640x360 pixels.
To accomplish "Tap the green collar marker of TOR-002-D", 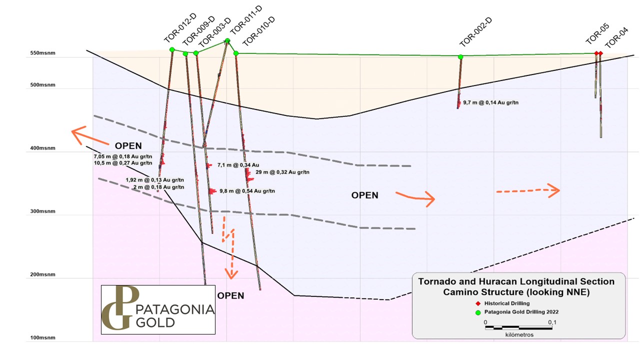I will coord(460,57).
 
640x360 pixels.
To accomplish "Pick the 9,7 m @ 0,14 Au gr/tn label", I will coord(491,102).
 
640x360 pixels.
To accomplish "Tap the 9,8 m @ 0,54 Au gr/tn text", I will coord(247,191).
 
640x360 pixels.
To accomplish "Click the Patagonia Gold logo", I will coord(158,309).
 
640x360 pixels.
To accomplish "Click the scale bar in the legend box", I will coord(518,327).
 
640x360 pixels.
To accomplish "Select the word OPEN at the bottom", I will coord(230,295).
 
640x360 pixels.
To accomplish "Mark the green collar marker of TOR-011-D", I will coord(227,40).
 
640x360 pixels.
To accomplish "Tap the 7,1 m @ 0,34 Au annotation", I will coord(238,164).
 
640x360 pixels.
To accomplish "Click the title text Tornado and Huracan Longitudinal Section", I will coord(516,281).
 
